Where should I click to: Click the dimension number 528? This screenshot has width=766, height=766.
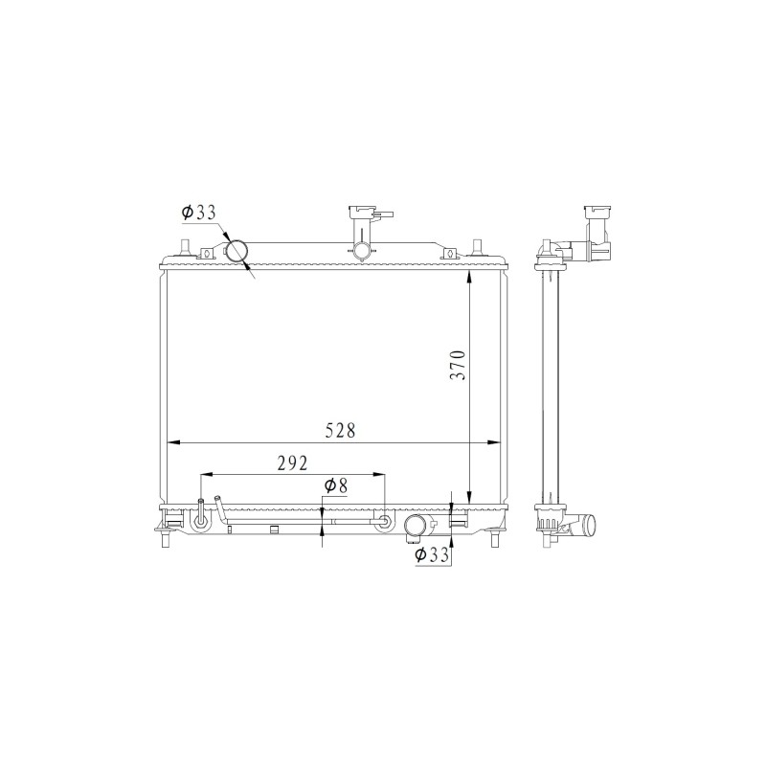click(341, 430)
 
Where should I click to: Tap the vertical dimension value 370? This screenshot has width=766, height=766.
click(460, 365)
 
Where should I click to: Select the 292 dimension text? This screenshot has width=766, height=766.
click(293, 463)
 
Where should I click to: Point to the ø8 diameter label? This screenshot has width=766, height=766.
click(336, 485)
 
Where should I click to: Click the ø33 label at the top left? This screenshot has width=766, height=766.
click(198, 213)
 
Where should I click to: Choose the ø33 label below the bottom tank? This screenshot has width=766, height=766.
click(432, 554)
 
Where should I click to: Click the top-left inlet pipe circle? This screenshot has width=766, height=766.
click(237, 252)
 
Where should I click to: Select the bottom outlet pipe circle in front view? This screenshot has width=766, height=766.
click(417, 527)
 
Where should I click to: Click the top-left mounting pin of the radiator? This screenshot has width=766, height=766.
click(185, 247)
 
